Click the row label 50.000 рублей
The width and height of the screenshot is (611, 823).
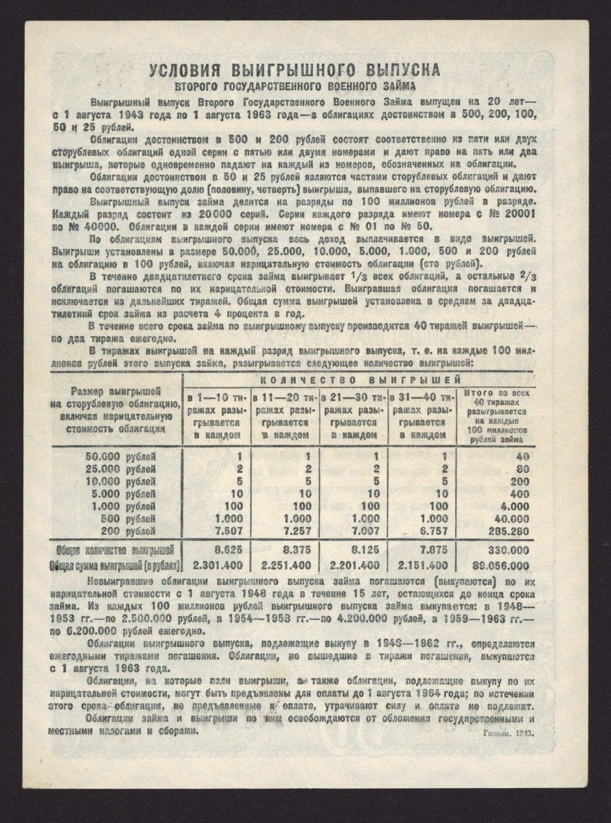pyautogui.click(x=121, y=457)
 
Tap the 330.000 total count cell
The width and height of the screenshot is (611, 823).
pyautogui.click(x=505, y=550)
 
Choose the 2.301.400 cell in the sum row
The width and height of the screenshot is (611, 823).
pyautogui.click(x=218, y=566)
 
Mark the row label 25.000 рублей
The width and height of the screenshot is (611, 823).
pyautogui.click(x=121, y=469)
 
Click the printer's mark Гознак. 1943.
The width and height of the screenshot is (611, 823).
pyautogui.click(x=505, y=732)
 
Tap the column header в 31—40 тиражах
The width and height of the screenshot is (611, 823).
pyautogui.click(x=422, y=416)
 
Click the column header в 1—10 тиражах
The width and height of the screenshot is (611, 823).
pyautogui.click(x=216, y=416)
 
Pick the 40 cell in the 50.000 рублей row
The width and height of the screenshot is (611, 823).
pyautogui.click(x=521, y=457)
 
